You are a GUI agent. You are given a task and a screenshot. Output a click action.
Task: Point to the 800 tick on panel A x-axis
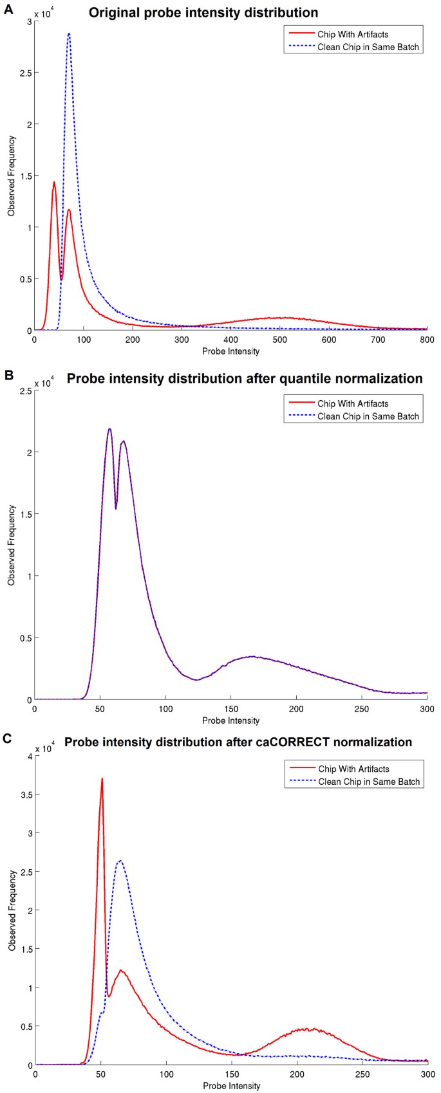427,339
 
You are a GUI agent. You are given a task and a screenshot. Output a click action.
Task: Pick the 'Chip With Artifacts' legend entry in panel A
353,35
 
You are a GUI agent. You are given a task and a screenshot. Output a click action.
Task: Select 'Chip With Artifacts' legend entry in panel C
353,769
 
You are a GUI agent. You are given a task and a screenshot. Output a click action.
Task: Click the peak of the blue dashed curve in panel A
68,33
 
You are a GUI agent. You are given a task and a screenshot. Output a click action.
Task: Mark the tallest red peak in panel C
102,779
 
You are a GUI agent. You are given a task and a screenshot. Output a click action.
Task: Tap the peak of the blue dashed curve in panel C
120,861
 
